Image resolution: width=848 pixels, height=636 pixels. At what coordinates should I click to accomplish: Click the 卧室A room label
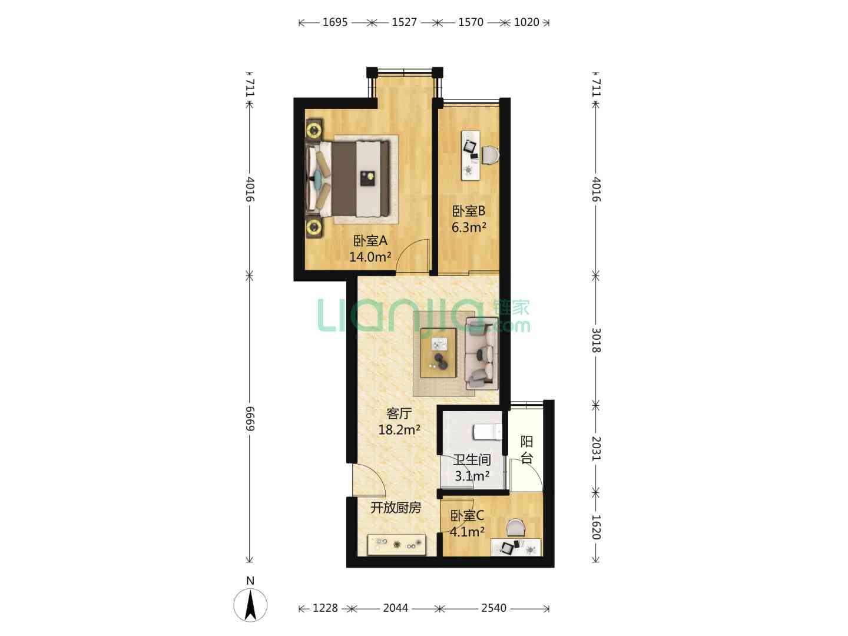click(370, 241)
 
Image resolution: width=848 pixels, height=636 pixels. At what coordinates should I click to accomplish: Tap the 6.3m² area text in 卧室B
click(469, 227)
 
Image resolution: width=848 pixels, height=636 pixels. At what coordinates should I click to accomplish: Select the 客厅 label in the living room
click(399, 413)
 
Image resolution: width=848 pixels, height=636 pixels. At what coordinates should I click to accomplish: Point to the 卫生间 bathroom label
click(472, 459)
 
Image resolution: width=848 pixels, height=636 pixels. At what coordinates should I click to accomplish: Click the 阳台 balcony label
click(526, 449)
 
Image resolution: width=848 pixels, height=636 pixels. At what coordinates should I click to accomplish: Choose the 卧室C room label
click(467, 515)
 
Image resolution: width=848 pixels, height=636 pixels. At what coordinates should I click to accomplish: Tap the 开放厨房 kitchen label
click(396, 508)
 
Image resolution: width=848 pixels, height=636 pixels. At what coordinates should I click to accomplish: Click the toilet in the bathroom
click(488, 432)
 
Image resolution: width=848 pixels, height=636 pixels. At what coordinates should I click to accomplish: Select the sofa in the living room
click(481, 354)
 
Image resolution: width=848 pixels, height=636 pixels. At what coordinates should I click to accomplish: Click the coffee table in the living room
click(438, 353)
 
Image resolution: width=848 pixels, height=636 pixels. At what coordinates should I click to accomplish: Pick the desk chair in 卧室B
click(491, 155)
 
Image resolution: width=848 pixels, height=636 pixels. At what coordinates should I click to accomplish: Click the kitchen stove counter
click(397, 545)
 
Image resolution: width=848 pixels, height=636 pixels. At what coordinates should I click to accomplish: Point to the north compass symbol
click(250, 605)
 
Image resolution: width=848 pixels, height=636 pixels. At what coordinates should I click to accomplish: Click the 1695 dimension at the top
click(335, 22)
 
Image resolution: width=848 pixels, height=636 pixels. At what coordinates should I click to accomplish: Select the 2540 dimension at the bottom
click(493, 608)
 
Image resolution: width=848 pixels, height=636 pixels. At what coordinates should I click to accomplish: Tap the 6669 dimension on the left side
click(250, 419)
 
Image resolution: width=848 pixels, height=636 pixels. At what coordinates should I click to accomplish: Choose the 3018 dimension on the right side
click(596, 340)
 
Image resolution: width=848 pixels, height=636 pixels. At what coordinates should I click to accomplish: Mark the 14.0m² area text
click(370, 256)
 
